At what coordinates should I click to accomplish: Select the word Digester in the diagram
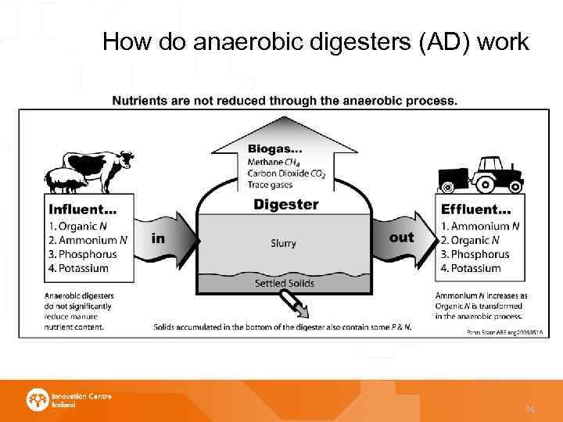(x=285, y=205)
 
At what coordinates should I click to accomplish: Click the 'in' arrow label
(x=158, y=238)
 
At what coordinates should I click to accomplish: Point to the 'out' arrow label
(x=401, y=237)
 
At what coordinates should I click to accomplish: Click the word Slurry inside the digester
(x=283, y=243)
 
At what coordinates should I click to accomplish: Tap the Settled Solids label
(x=285, y=283)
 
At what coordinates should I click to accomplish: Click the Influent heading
(x=83, y=209)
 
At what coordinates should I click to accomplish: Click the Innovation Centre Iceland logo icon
(x=38, y=400)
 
